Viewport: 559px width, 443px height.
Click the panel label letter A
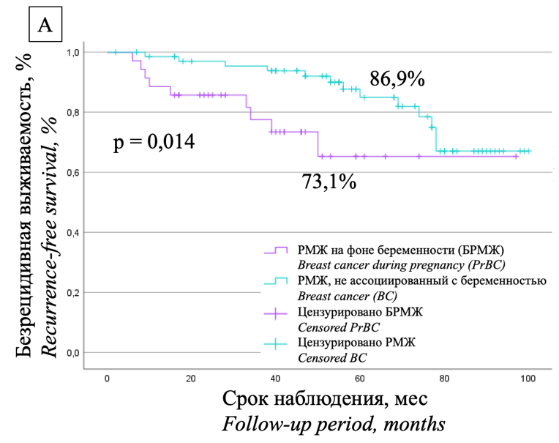[x=45, y=26]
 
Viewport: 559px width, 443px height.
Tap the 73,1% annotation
[x=329, y=182]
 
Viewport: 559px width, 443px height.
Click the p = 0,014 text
[x=154, y=141]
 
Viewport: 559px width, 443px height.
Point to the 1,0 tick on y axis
[x=74, y=53]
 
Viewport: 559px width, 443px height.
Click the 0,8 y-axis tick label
[x=74, y=113]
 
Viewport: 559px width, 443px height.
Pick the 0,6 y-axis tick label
[x=74, y=173]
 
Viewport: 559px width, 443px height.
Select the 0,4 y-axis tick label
[x=74, y=233]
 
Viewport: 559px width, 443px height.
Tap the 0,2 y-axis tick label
[x=74, y=293]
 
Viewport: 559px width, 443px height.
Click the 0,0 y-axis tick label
[x=74, y=353]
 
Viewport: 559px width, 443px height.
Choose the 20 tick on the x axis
[x=191, y=378]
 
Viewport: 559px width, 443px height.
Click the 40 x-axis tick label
[x=275, y=378]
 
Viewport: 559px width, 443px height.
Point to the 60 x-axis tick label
[x=359, y=378]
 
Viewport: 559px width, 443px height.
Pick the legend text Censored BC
[x=327, y=357]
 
